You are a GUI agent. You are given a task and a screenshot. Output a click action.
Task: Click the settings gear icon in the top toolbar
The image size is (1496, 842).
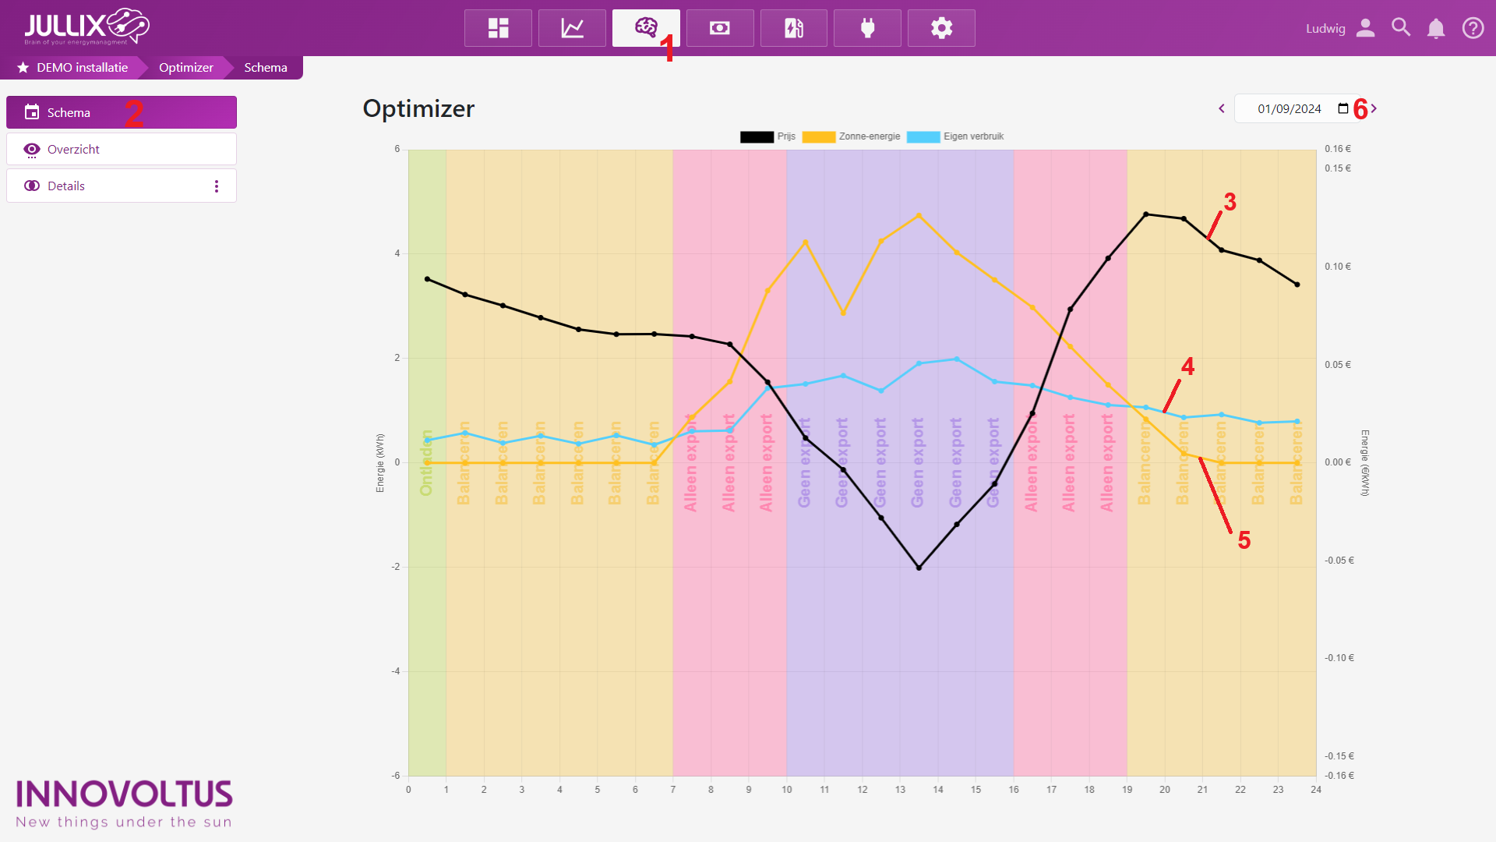(x=941, y=29)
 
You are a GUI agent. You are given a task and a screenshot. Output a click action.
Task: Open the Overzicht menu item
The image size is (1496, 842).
(x=73, y=149)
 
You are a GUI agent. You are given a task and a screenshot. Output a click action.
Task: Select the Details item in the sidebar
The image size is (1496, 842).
(x=66, y=186)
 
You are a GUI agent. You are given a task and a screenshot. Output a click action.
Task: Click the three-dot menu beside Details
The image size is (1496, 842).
(x=217, y=186)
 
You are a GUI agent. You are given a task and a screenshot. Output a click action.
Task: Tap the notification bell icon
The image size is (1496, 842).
(x=1435, y=29)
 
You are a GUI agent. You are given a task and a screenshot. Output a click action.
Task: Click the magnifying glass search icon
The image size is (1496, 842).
(x=1400, y=28)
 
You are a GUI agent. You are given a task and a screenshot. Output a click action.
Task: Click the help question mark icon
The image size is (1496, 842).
(x=1473, y=29)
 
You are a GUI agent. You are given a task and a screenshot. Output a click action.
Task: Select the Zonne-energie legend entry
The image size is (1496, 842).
(x=852, y=136)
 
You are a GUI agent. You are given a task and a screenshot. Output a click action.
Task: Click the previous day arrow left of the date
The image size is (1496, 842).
(x=1222, y=109)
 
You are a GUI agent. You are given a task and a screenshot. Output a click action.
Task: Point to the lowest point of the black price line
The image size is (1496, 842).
(x=919, y=568)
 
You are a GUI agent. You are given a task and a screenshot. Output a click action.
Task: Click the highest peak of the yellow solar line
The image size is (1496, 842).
(x=919, y=215)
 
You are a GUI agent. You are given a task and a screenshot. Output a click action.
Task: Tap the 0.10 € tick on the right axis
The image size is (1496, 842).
(x=1338, y=267)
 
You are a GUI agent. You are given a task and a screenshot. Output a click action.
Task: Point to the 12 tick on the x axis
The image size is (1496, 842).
(x=863, y=790)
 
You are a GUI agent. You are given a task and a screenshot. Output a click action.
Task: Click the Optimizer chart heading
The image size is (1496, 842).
(x=418, y=109)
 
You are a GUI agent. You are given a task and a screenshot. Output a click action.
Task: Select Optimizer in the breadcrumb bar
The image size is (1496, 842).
(x=185, y=68)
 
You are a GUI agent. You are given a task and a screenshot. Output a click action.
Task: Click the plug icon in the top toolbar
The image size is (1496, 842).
(x=867, y=29)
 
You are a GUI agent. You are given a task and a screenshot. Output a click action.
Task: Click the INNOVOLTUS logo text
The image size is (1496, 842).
(x=124, y=794)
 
